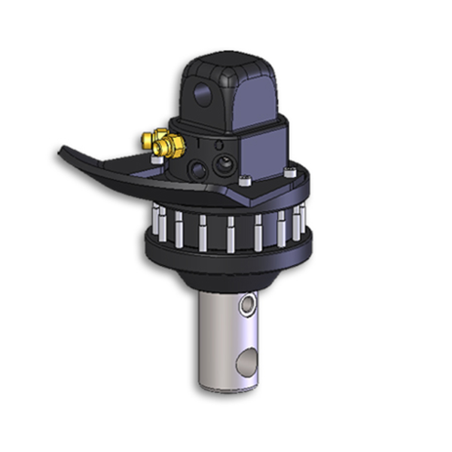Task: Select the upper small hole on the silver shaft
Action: [x=247, y=305]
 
